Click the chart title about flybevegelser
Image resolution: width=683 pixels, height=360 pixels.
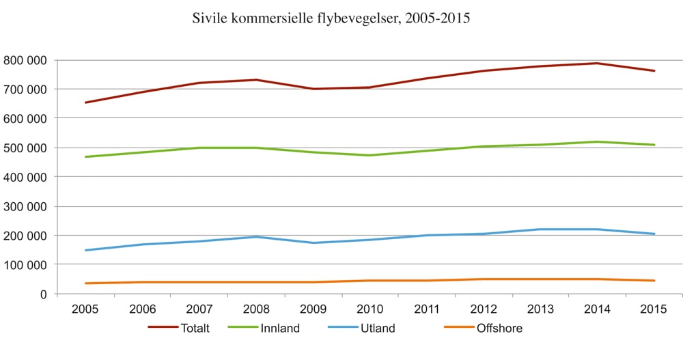(332, 19)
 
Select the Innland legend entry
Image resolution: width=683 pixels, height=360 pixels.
(280, 329)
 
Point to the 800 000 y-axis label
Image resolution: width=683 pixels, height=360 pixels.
(25, 60)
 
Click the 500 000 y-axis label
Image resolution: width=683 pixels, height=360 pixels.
(25, 148)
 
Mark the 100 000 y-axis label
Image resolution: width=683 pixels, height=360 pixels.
(25, 264)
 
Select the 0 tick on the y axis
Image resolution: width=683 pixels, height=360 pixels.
(43, 294)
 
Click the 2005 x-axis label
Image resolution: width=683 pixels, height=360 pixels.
(85, 308)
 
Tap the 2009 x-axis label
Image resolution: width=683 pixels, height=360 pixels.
(313, 308)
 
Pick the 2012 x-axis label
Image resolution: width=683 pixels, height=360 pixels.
(484, 308)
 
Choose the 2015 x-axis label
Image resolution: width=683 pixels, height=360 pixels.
(654, 308)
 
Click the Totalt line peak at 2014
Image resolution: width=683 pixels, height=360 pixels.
(598, 64)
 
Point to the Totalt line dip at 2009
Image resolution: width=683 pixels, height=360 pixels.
(313, 89)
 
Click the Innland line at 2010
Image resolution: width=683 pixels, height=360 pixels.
(370, 155)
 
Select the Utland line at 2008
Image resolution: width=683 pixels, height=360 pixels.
(256, 237)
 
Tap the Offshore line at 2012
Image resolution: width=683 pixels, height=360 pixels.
(484, 279)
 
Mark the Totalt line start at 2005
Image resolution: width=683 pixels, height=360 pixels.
(85, 102)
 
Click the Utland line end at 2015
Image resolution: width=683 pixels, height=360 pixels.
(654, 234)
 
